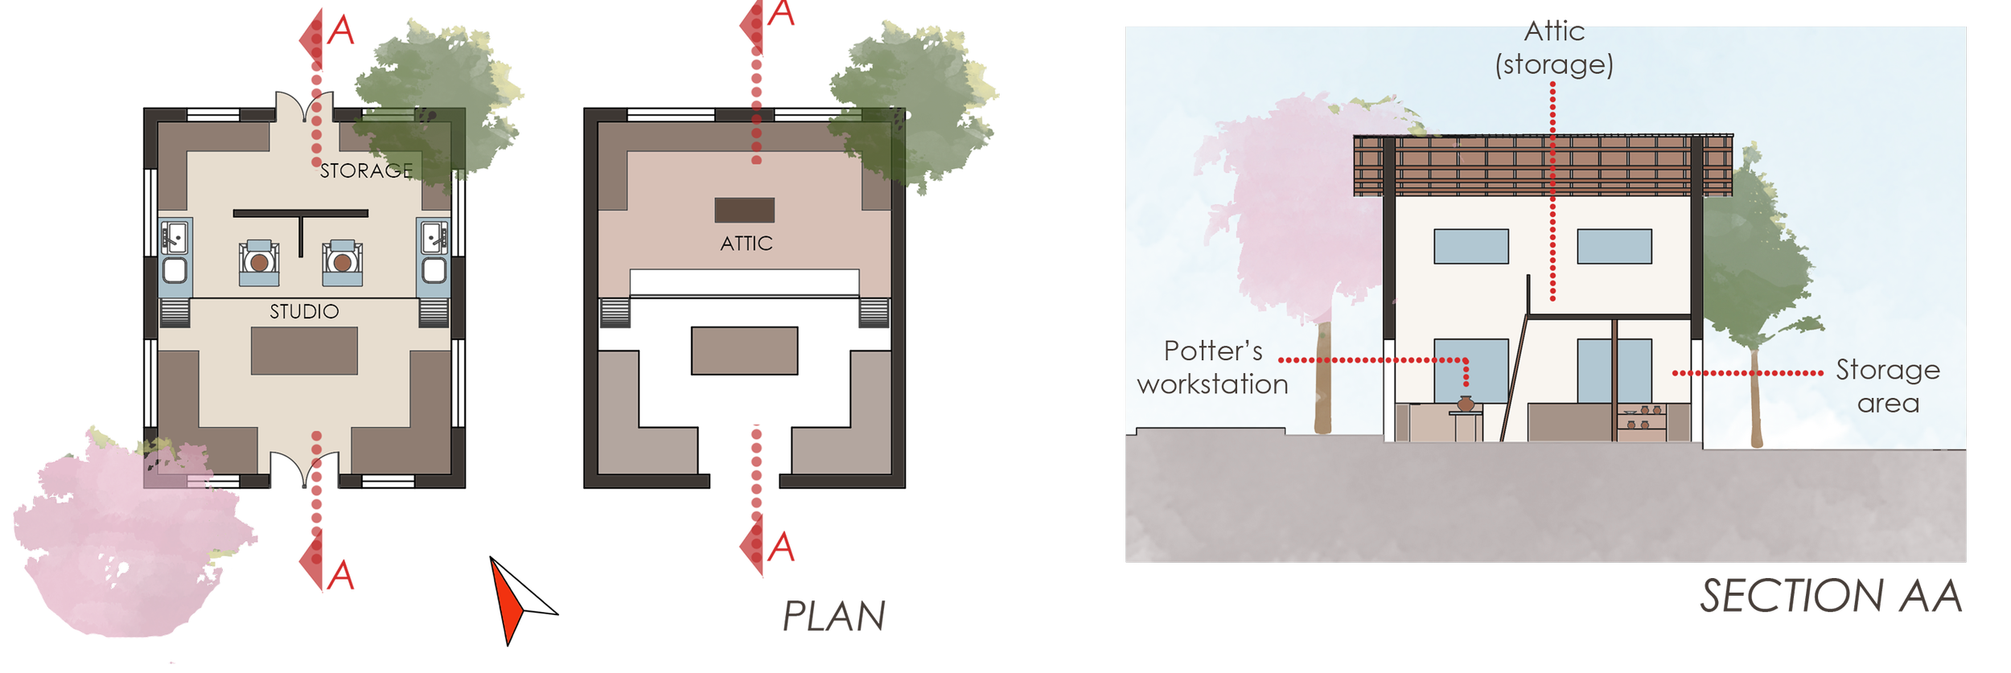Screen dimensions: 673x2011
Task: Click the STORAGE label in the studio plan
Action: (x=366, y=170)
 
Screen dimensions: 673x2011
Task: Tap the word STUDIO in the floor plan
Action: (x=304, y=311)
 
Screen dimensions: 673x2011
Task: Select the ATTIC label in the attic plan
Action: (x=746, y=243)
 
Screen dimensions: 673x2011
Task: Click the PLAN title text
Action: (x=834, y=617)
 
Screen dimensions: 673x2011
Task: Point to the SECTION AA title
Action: (x=1830, y=597)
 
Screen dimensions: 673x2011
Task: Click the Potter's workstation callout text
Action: (x=1212, y=367)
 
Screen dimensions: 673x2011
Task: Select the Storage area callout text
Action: (x=1887, y=386)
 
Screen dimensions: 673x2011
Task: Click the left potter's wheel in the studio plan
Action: (x=258, y=262)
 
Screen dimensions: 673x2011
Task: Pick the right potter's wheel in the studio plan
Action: (x=342, y=262)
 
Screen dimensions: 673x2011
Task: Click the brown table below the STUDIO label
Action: (x=304, y=351)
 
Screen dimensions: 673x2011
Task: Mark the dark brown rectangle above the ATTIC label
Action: (x=744, y=210)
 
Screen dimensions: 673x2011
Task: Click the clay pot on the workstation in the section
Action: (x=1466, y=404)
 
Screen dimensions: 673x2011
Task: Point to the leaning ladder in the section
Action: (x=1514, y=378)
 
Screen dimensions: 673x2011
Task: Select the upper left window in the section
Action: (x=1470, y=246)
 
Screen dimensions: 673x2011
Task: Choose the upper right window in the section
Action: (x=1614, y=246)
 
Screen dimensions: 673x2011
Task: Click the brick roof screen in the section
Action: (x=1543, y=166)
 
